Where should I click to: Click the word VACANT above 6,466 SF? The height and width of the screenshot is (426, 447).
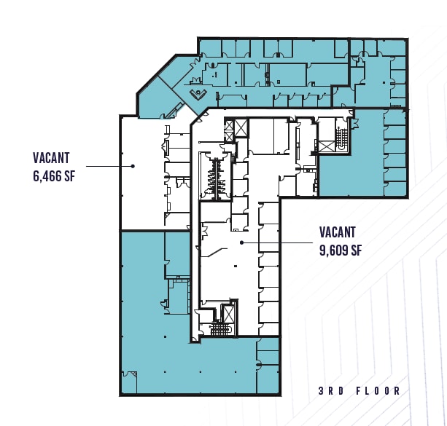[51, 158]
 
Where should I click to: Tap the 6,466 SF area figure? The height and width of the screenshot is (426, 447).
[54, 176]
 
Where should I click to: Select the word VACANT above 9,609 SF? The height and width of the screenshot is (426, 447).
[338, 232]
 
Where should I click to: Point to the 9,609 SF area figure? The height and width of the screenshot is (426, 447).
[341, 250]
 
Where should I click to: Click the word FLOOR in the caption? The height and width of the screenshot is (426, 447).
[378, 391]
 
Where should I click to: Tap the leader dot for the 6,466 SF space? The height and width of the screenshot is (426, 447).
[133, 166]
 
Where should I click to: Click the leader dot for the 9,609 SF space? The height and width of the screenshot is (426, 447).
[242, 242]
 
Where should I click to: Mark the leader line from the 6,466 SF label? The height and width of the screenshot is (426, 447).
[109, 166]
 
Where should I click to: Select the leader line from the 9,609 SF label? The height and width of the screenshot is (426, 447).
[277, 242]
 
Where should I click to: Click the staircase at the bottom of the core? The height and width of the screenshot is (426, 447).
[222, 329]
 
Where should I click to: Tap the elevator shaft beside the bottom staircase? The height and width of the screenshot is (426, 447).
[228, 314]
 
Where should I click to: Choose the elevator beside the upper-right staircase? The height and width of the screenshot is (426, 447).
[327, 146]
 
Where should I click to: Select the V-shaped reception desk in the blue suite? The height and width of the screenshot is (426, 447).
[198, 94]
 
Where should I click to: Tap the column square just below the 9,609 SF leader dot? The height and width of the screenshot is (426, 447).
[236, 266]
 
